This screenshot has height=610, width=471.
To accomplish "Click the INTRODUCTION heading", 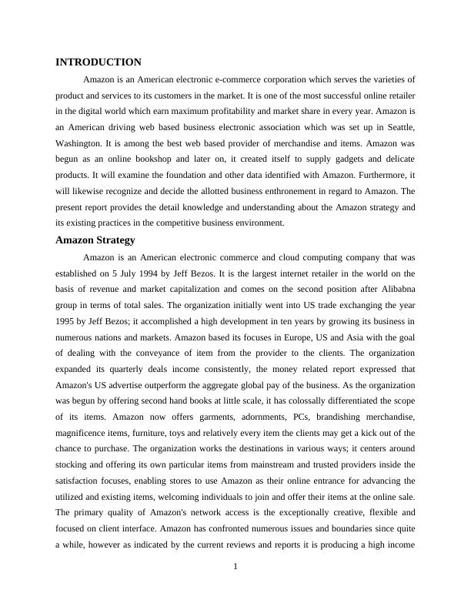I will pos(99,62).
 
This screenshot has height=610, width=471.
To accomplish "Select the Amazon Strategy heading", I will pos(95,240).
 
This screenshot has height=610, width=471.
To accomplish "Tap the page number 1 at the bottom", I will pos(235,567).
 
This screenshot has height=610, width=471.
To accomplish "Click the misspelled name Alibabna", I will pos(396,289).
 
